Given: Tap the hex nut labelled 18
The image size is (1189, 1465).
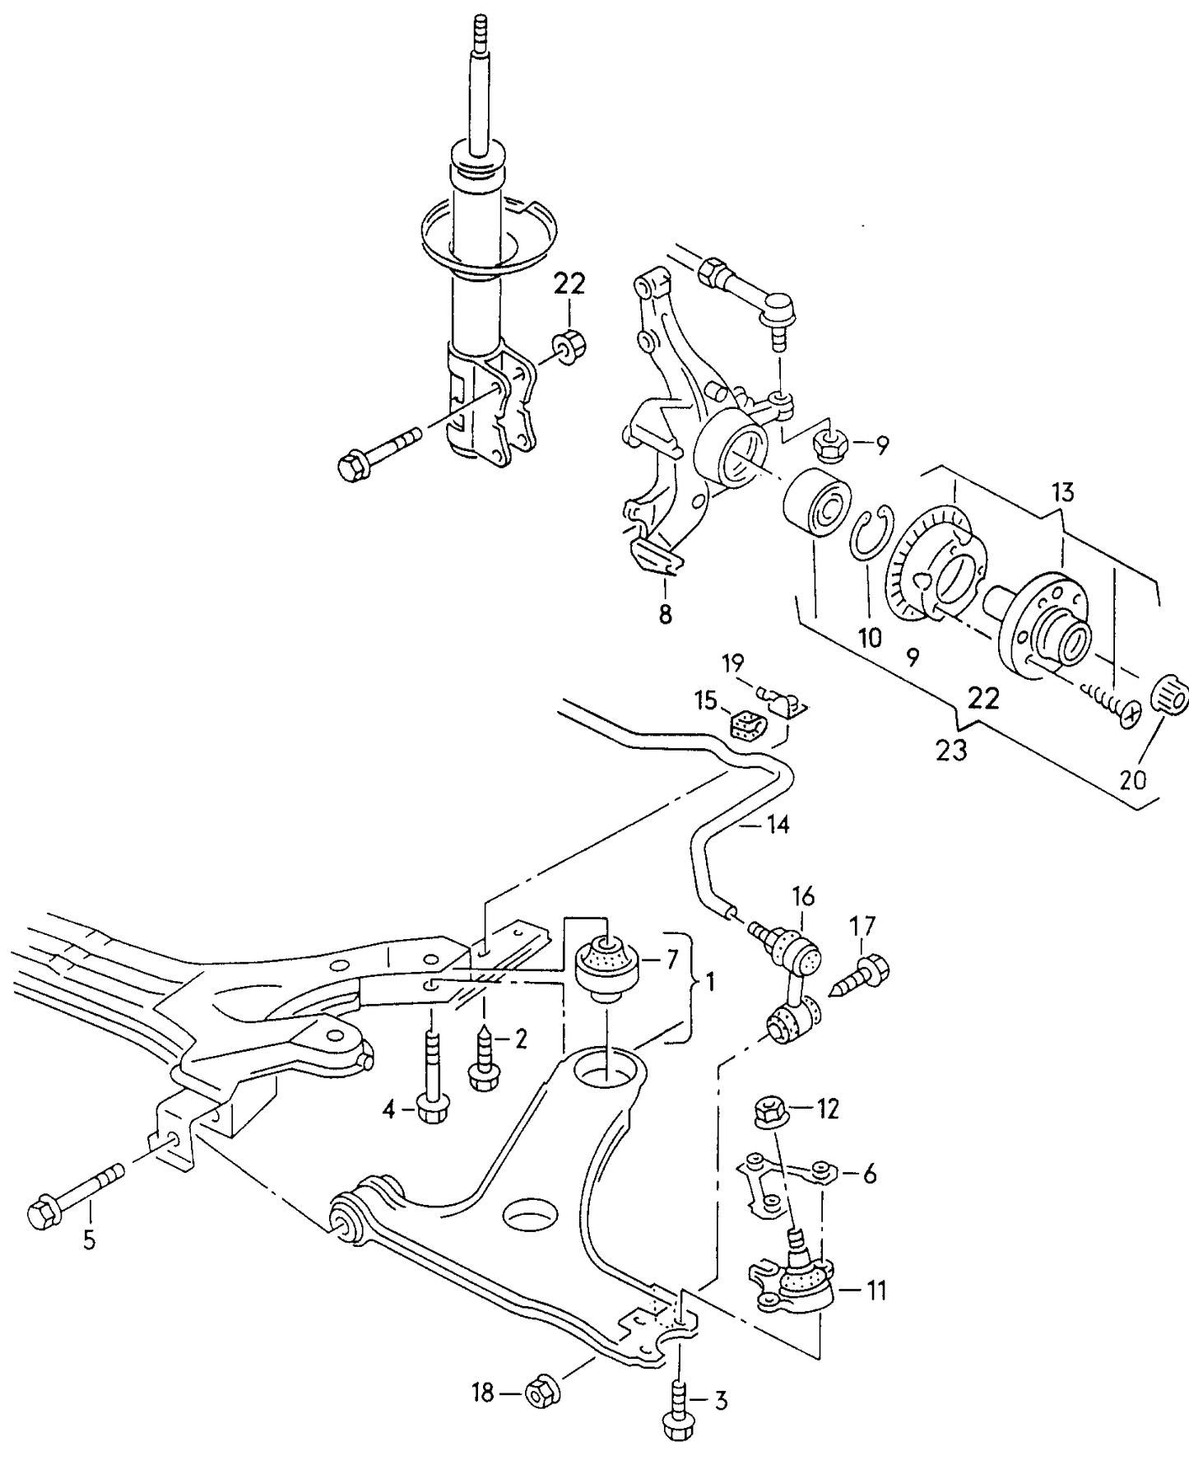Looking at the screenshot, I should tap(542, 1392).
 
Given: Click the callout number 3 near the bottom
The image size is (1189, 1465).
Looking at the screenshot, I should tap(720, 1401).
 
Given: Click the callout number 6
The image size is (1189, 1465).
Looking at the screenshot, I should tap(869, 1174).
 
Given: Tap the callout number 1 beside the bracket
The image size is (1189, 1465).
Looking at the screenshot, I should tap(709, 981).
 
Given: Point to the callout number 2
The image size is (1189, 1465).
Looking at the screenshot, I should tap(520, 1039).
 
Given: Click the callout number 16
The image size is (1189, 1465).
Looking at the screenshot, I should tap(803, 895).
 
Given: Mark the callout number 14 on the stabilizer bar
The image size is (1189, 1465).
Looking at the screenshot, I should tap(778, 824).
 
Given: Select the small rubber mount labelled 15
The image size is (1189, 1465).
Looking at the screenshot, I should tap(747, 725).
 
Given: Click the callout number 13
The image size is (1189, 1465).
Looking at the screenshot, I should tap(1062, 493).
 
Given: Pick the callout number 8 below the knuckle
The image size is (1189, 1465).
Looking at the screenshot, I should tap(665, 613).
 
